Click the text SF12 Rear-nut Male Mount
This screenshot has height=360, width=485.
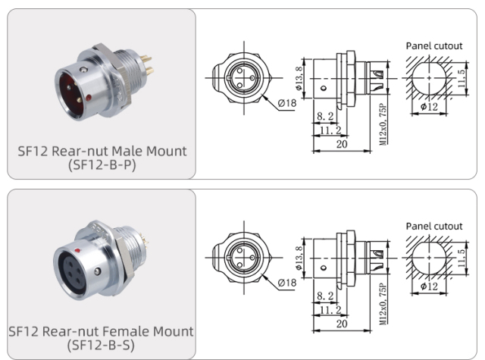tap(102, 150)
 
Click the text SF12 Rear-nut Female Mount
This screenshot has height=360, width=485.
tap(102, 331)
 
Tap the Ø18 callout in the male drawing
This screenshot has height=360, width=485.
tap(286, 102)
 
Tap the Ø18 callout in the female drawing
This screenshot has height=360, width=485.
tap(286, 283)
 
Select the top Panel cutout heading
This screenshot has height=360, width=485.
tap(433, 45)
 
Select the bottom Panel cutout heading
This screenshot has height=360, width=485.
tap(433, 226)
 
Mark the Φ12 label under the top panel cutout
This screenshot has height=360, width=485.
tap(429, 106)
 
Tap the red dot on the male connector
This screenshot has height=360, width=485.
tap(90, 97)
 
